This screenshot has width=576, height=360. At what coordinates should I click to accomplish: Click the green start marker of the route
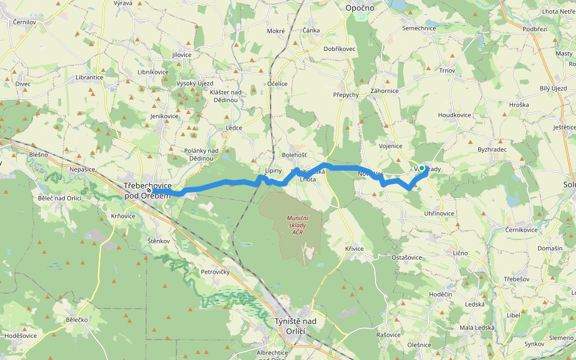point(422,168)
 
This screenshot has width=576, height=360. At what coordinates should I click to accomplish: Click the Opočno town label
point(360,8)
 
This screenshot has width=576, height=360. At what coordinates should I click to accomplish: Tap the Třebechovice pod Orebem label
point(148,191)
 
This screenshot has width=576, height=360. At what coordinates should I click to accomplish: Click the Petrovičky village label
point(215,271)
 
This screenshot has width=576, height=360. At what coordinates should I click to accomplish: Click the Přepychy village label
point(346,95)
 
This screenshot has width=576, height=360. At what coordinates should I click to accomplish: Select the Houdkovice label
point(454,115)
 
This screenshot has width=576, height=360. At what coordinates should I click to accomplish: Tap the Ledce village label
point(234,128)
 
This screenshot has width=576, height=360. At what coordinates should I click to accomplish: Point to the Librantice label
point(89,77)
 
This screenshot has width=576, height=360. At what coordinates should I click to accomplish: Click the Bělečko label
point(77,320)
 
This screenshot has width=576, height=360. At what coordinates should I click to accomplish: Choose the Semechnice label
point(419,28)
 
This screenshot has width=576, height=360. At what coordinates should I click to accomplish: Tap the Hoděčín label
point(440,294)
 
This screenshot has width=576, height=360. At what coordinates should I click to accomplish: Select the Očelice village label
point(278,84)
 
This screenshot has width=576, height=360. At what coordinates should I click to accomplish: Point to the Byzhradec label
point(492,149)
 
